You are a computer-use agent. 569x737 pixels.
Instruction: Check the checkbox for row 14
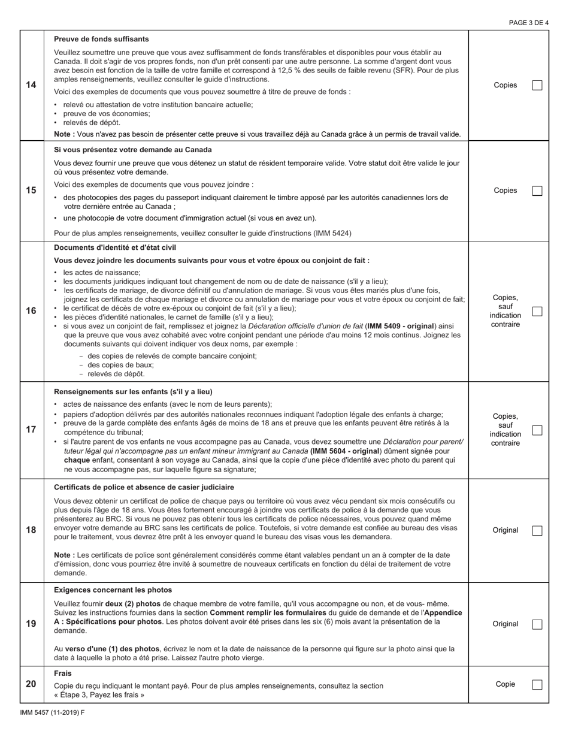pyautogui.click(x=537, y=85)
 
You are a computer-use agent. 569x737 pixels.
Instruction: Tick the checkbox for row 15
pyautogui.click(x=537, y=191)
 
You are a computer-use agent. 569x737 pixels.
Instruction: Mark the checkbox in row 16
pyautogui.click(x=537, y=311)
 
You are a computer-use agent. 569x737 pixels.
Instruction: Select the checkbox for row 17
pyautogui.click(x=537, y=430)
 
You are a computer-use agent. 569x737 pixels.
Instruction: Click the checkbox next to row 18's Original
pyautogui.click(x=537, y=530)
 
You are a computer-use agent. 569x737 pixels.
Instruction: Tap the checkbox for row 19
pyautogui.click(x=537, y=624)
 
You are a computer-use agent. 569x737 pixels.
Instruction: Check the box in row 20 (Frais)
pyautogui.click(x=537, y=684)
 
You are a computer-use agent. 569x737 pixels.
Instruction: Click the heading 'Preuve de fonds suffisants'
pyautogui.click(x=101, y=39)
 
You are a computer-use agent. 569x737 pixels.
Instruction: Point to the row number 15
pyautogui.click(x=31, y=191)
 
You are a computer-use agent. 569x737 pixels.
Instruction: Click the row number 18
pyautogui.click(x=31, y=530)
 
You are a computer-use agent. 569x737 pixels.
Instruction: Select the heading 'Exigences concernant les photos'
pyautogui.click(x=113, y=590)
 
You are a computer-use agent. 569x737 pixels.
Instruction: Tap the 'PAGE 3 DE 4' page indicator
pyautogui.click(x=528, y=23)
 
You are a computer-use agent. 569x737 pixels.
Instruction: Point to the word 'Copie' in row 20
pyautogui.click(x=506, y=684)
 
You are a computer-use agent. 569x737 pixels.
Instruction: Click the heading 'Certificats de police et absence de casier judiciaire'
pyautogui.click(x=144, y=487)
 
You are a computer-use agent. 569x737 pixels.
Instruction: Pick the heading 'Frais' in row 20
pyautogui.click(x=62, y=673)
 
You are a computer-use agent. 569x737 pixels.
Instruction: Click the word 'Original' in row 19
pyautogui.click(x=506, y=624)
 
